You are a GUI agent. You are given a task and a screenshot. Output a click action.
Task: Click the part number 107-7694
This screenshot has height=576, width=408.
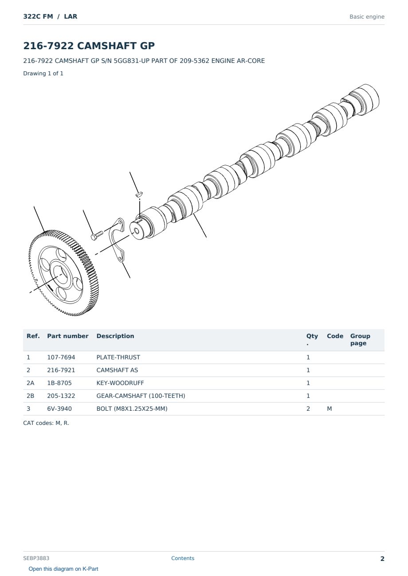click(x=61, y=357)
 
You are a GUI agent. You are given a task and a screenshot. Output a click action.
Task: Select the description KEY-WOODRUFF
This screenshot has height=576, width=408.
click(x=120, y=383)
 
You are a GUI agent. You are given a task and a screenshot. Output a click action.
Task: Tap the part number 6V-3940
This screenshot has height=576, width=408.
click(x=59, y=409)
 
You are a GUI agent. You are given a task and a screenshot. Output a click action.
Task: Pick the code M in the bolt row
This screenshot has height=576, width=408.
click(x=329, y=409)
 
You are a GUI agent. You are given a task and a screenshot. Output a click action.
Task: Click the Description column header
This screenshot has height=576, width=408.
click(x=115, y=336)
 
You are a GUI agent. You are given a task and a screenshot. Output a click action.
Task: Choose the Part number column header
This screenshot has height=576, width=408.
click(x=68, y=336)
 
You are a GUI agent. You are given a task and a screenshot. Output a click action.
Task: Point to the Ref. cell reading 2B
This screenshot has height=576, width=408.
click(x=30, y=396)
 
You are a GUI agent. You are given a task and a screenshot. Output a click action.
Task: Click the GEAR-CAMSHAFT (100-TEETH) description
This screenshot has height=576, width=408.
click(x=141, y=396)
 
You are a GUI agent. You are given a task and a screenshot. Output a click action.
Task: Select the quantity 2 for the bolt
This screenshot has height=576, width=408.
click(x=308, y=409)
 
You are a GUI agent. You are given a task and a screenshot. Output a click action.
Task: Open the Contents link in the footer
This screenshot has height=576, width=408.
click(x=183, y=558)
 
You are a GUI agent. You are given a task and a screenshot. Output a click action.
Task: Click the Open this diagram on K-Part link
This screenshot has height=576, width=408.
click(x=63, y=568)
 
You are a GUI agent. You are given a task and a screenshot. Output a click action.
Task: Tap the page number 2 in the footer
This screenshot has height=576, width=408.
click(x=382, y=559)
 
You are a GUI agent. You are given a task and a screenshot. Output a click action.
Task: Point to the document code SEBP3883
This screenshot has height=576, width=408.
click(x=36, y=558)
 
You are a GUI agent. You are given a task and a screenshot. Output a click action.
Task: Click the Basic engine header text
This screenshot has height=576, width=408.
click(x=367, y=17)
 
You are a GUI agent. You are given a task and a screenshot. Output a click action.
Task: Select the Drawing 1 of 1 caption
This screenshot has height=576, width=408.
click(x=43, y=73)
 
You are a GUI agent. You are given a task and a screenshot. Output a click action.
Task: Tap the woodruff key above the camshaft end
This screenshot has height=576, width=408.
click(x=139, y=194)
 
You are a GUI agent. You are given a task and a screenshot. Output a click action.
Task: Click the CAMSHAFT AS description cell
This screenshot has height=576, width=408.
click(x=117, y=370)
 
